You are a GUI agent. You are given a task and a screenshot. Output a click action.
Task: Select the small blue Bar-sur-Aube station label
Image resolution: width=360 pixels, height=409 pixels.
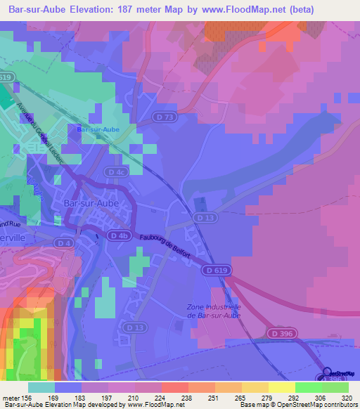(x=98, y=129)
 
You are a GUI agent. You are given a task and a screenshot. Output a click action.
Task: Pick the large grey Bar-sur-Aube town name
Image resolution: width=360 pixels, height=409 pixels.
(x=89, y=203)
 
